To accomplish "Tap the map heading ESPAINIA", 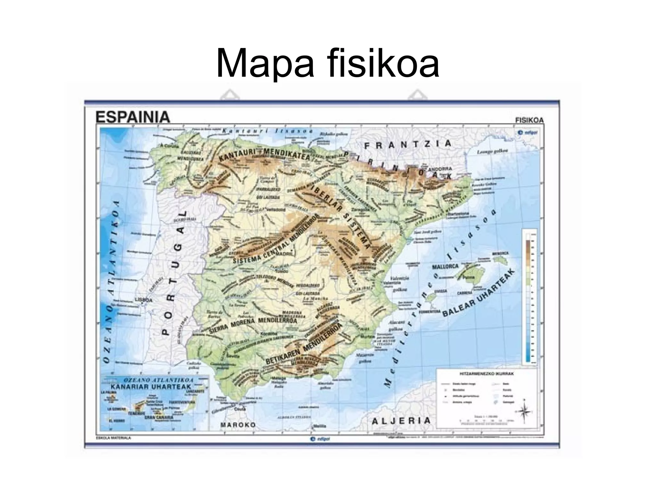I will [x=133, y=118].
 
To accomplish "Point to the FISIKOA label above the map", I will [x=529, y=120].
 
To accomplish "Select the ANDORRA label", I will [x=441, y=169].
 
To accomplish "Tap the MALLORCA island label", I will [x=445, y=266].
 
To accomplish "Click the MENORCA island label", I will [x=500, y=253].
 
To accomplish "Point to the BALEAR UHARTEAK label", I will [x=479, y=293].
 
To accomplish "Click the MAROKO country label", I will [x=238, y=425].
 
